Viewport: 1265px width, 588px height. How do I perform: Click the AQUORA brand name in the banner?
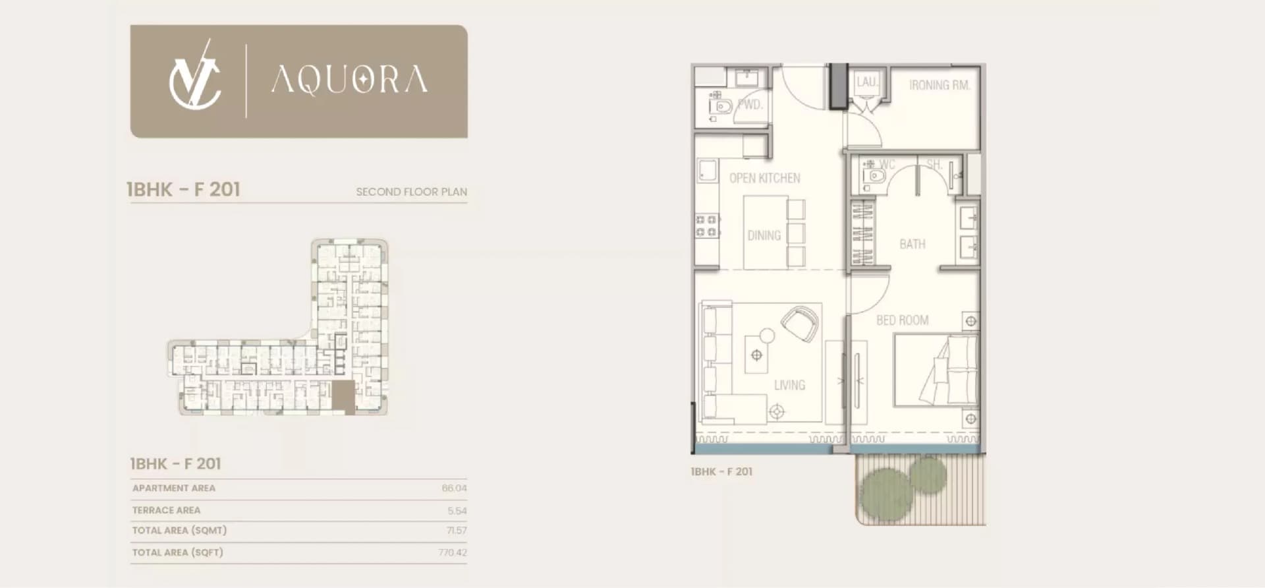tap(350, 80)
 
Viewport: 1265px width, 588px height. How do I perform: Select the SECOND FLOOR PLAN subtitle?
tap(412, 192)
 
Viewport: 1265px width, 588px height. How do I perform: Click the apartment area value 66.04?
tap(454, 488)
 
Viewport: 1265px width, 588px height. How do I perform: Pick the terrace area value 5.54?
tap(457, 511)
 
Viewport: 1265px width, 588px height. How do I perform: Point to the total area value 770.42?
tap(453, 552)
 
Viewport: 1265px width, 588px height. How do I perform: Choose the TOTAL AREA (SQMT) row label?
tap(179, 531)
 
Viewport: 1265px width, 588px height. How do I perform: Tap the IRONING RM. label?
tap(940, 85)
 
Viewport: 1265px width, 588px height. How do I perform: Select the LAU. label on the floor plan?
tap(866, 82)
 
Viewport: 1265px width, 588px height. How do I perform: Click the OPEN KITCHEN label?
tap(765, 178)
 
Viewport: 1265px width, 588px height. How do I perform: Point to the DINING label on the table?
tap(764, 235)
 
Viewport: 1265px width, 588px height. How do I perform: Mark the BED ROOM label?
tap(903, 320)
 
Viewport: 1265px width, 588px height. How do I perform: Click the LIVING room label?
tap(789, 385)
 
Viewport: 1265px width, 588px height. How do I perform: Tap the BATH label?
tap(913, 244)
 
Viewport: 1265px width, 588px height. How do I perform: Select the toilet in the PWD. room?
tap(721, 106)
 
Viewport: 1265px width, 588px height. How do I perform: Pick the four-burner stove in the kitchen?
tap(707, 226)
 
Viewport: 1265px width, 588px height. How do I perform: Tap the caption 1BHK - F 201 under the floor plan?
tap(721, 472)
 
